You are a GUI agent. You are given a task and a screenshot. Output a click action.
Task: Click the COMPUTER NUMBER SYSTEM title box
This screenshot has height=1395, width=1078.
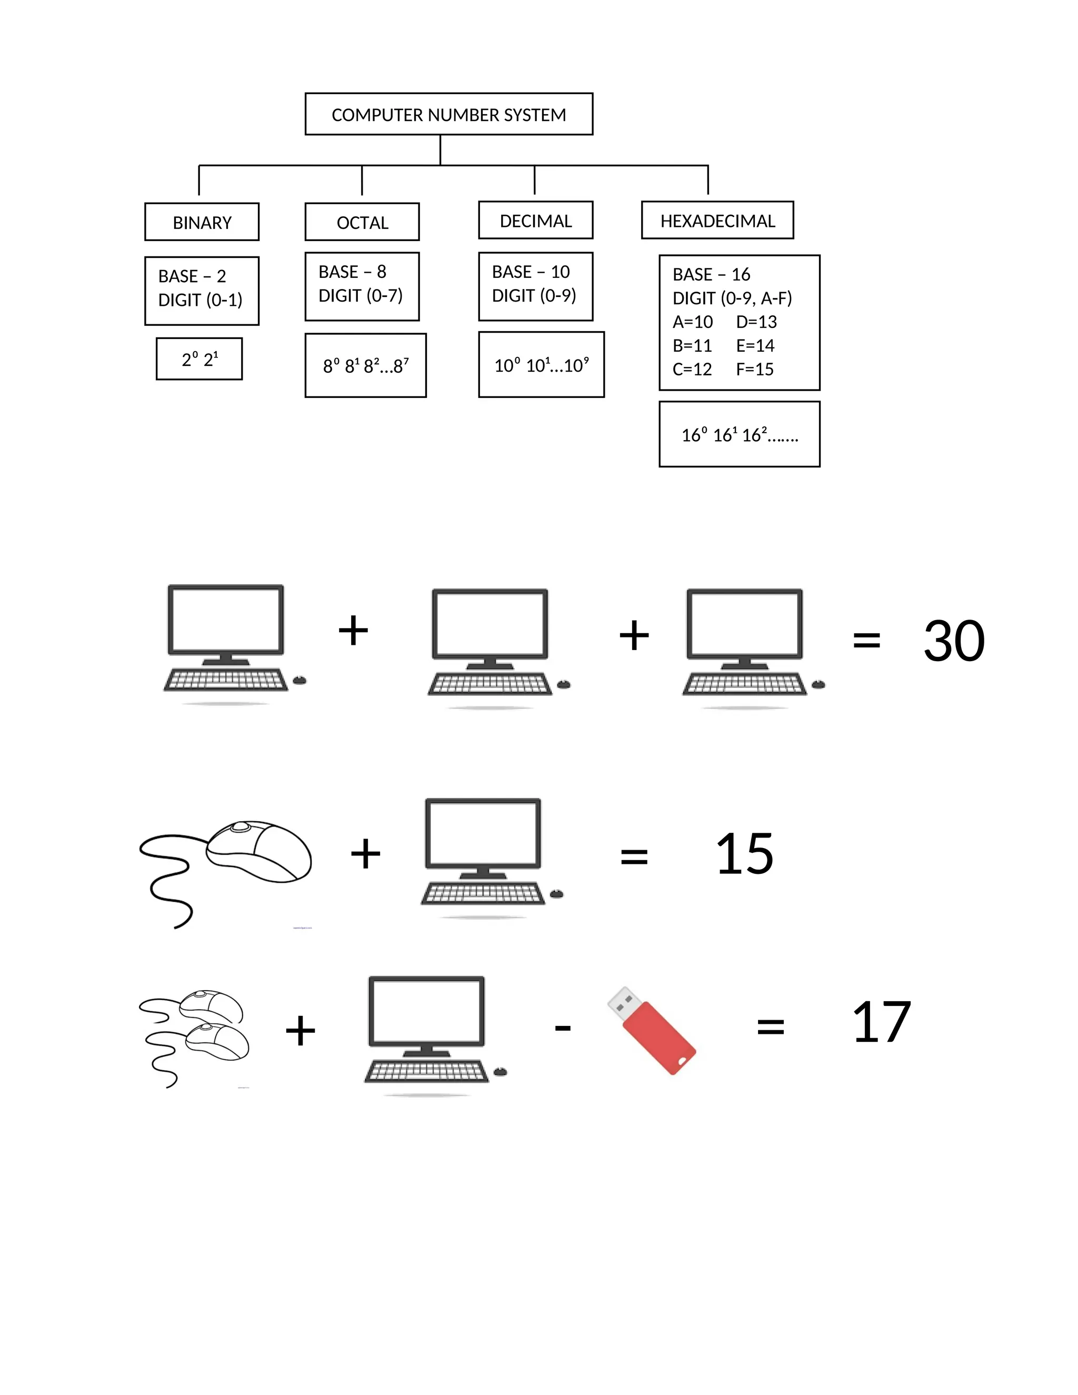tap(448, 114)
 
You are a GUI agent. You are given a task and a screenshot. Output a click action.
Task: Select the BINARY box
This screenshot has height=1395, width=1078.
tap(202, 222)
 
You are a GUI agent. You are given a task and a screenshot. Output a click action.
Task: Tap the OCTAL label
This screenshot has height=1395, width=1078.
tap(362, 223)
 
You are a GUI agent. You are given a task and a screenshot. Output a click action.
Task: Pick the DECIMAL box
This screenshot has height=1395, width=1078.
tap(535, 221)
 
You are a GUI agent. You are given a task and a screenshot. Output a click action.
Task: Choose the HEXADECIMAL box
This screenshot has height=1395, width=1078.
tap(717, 221)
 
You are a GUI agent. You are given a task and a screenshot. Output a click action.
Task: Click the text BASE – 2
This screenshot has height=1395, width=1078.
tap(192, 276)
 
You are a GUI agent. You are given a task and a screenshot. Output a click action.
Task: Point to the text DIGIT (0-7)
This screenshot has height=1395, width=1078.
tap(360, 296)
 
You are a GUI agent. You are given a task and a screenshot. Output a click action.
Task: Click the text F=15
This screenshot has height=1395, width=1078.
tap(754, 369)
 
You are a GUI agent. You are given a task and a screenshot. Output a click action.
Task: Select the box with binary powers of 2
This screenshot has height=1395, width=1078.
tap(199, 359)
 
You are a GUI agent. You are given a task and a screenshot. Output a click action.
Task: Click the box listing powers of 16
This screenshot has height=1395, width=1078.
tap(739, 435)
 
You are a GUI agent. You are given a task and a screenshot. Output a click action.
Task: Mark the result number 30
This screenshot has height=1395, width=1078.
tap(953, 641)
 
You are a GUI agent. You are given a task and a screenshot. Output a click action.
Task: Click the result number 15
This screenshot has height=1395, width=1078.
tap(744, 854)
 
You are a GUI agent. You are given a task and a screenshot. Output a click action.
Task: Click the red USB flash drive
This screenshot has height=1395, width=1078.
tap(652, 1030)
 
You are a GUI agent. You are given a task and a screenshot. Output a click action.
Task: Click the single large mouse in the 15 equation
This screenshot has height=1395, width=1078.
tap(258, 851)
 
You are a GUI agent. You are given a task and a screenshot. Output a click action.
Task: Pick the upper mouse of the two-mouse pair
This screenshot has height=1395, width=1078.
tap(211, 1006)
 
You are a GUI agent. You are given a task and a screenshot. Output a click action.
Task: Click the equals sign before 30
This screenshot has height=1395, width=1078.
tap(866, 640)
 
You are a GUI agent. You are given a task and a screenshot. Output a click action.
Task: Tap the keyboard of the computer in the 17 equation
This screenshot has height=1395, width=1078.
tap(426, 1071)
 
